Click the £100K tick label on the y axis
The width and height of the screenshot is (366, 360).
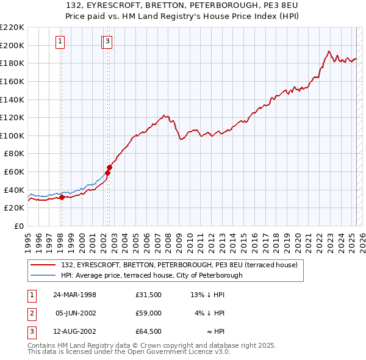[x=12, y=135]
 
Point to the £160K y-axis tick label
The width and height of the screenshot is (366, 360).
[x=12, y=81]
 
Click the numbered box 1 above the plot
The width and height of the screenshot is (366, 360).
[x=61, y=41]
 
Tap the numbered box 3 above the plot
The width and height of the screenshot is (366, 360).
[x=107, y=41]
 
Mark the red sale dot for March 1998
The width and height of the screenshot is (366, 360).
[x=62, y=197]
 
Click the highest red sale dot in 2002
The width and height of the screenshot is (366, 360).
[x=110, y=167]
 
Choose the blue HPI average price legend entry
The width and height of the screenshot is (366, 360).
[x=152, y=275]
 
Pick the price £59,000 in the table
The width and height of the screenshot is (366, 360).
[x=149, y=313]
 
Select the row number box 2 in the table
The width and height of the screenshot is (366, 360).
[x=31, y=313]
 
